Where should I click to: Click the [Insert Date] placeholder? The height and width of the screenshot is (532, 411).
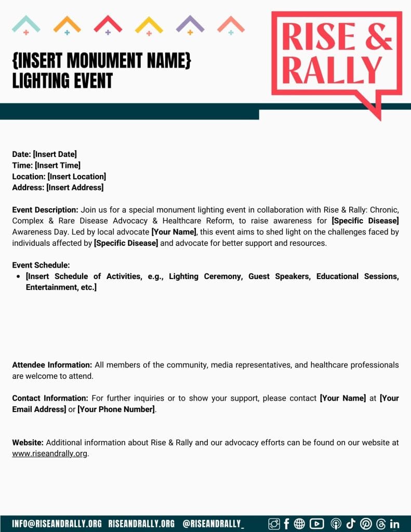[55, 154]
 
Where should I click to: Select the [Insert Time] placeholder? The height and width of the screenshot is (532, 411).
[57, 165]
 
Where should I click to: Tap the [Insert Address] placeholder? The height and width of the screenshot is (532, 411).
[75, 188]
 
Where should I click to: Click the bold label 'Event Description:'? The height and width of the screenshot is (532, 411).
[45, 210]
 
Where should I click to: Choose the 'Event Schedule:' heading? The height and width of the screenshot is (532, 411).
[41, 265]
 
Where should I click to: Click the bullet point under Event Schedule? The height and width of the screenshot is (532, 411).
[19, 276]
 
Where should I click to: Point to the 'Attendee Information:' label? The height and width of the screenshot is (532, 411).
[52, 365]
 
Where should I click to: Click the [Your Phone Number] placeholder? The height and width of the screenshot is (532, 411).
[116, 409]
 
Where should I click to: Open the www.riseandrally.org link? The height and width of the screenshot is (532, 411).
[50, 454]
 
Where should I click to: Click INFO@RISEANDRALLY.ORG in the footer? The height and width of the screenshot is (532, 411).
[57, 524]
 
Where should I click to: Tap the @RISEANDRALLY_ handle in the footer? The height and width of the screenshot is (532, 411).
[213, 524]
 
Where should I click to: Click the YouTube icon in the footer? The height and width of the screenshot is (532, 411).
[316, 524]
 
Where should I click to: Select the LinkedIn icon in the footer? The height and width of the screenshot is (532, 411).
[394, 524]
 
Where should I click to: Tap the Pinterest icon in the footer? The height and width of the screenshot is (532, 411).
[366, 524]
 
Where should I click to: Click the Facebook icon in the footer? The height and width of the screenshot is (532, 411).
[286, 524]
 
